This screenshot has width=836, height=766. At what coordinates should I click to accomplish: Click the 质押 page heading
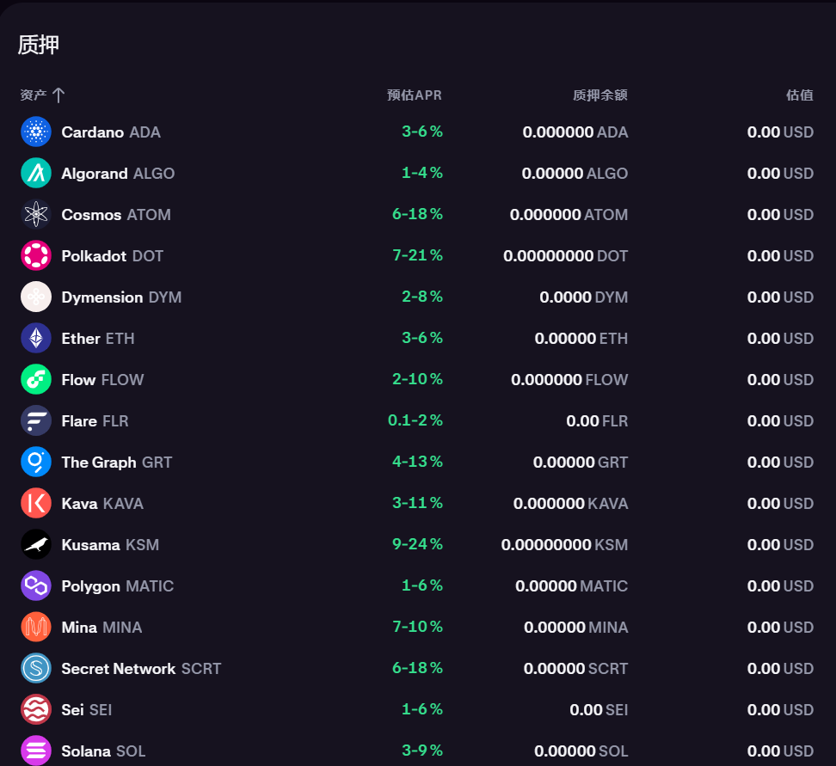pyautogui.click(x=39, y=45)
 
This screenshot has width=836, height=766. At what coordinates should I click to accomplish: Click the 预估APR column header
pyautogui.click(x=414, y=95)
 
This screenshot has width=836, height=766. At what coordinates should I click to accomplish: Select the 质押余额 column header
pyautogui.click(x=599, y=95)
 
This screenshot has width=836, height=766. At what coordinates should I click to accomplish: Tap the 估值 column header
pyautogui.click(x=799, y=95)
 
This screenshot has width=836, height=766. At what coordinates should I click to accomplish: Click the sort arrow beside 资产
pyautogui.click(x=58, y=95)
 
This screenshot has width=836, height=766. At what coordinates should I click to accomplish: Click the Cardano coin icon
pyautogui.click(x=36, y=132)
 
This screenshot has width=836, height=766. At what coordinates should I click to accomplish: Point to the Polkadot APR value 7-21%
pyautogui.click(x=417, y=256)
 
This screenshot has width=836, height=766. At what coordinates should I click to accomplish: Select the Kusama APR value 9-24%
pyautogui.click(x=417, y=545)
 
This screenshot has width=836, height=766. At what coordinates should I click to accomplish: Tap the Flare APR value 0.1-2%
pyautogui.click(x=415, y=421)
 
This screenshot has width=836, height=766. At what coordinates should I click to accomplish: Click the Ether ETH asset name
pyautogui.click(x=97, y=339)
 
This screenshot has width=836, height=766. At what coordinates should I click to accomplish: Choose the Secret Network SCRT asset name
pyautogui.click(x=141, y=669)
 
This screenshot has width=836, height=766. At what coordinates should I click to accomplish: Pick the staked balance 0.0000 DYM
pyautogui.click(x=583, y=297)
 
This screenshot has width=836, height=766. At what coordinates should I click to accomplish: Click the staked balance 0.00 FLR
pyautogui.click(x=596, y=421)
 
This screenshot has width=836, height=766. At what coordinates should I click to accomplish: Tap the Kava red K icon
pyautogui.click(x=36, y=504)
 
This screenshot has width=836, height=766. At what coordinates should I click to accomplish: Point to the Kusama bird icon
pyautogui.click(x=36, y=545)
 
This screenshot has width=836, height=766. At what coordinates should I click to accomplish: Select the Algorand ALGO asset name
pyautogui.click(x=118, y=174)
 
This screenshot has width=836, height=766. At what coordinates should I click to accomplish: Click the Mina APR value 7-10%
pyautogui.click(x=417, y=628)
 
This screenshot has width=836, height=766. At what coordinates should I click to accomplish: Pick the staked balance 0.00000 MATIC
pyautogui.click(x=571, y=586)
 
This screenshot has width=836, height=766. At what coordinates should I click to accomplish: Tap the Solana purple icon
pyautogui.click(x=36, y=751)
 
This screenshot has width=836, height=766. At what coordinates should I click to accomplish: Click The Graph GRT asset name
pyautogui.click(x=116, y=463)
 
